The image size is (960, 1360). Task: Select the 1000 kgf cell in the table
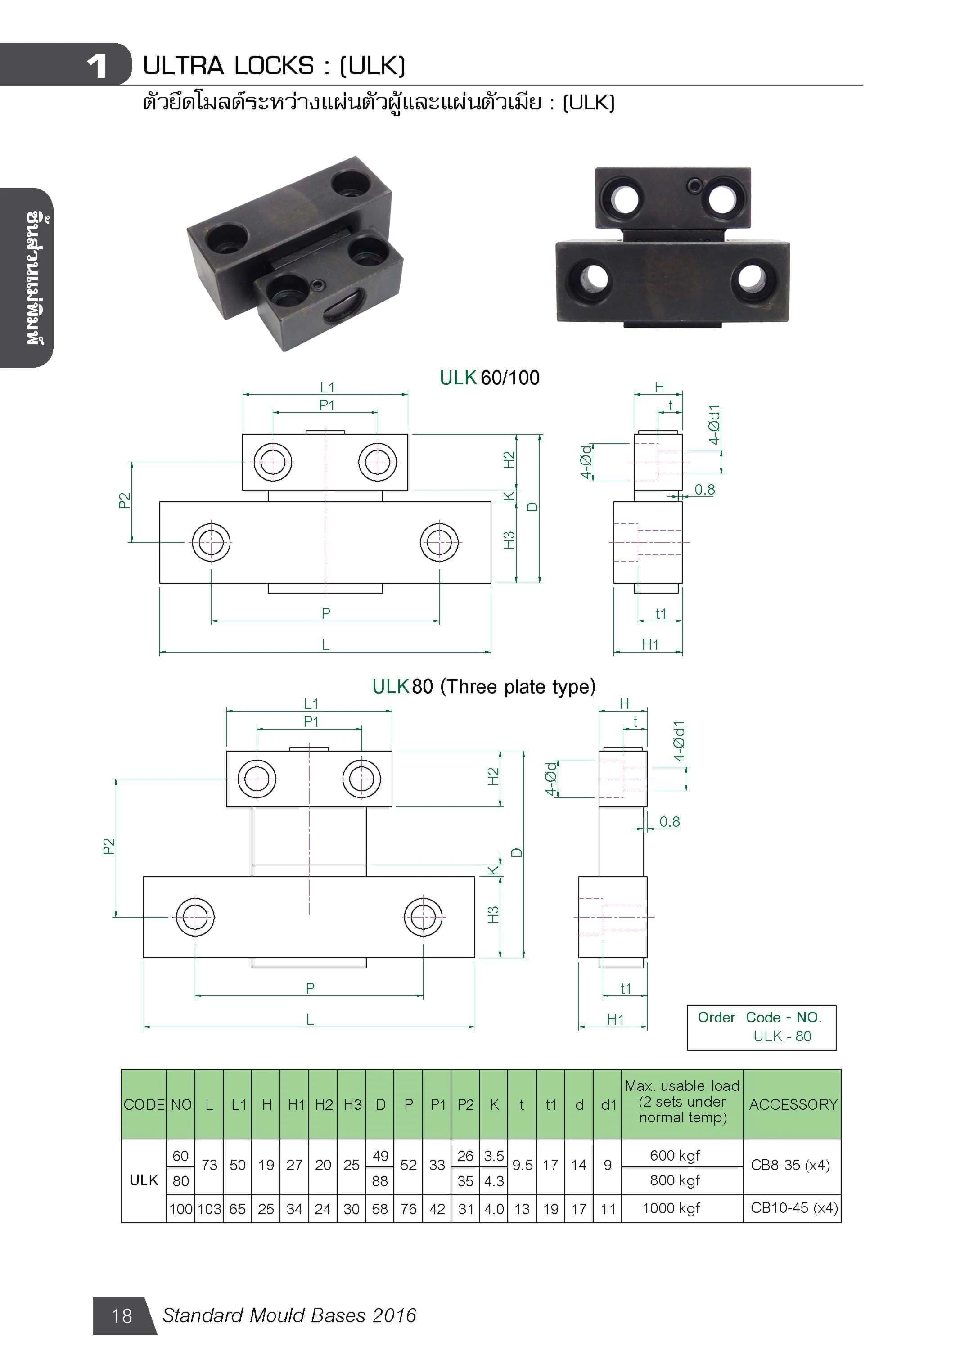point(671,1208)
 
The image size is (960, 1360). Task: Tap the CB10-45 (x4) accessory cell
point(793,1208)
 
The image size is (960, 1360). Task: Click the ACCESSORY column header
point(793,1104)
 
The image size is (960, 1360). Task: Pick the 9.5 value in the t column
point(522,1165)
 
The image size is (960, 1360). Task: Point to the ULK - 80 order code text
point(782,1036)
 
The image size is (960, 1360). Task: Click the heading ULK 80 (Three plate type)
point(483,686)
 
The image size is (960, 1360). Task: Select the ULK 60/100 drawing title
point(489,377)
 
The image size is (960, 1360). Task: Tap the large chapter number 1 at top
point(96,66)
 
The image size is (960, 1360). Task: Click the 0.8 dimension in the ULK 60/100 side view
point(704,490)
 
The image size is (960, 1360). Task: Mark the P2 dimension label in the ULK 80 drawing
point(109,846)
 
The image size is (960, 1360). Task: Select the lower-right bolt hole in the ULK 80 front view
point(423,917)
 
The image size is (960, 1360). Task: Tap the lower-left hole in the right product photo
point(593,278)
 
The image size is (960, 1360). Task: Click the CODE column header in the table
point(144,1104)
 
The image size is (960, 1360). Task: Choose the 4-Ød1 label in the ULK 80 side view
point(679,741)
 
